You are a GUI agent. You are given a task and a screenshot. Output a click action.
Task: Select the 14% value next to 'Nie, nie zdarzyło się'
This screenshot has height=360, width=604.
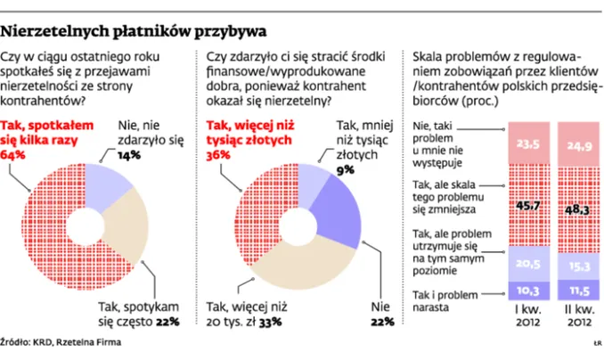click(130, 154)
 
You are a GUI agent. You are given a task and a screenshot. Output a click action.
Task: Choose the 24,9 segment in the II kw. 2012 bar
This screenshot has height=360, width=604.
click(575, 144)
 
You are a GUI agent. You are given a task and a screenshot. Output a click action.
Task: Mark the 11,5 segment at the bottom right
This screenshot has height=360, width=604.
click(575, 290)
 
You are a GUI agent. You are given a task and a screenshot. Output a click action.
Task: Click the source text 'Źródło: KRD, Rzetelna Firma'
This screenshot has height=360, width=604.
click(61, 341)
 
